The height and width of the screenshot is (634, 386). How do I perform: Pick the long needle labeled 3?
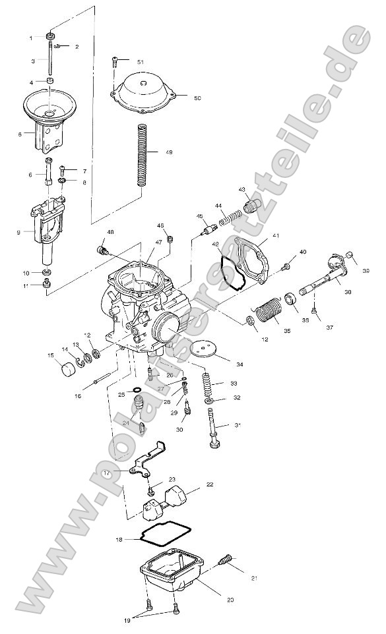coord(50,60)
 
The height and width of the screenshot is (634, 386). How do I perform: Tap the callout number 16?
coord(77,396)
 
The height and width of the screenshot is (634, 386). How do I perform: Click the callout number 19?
coord(125,620)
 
